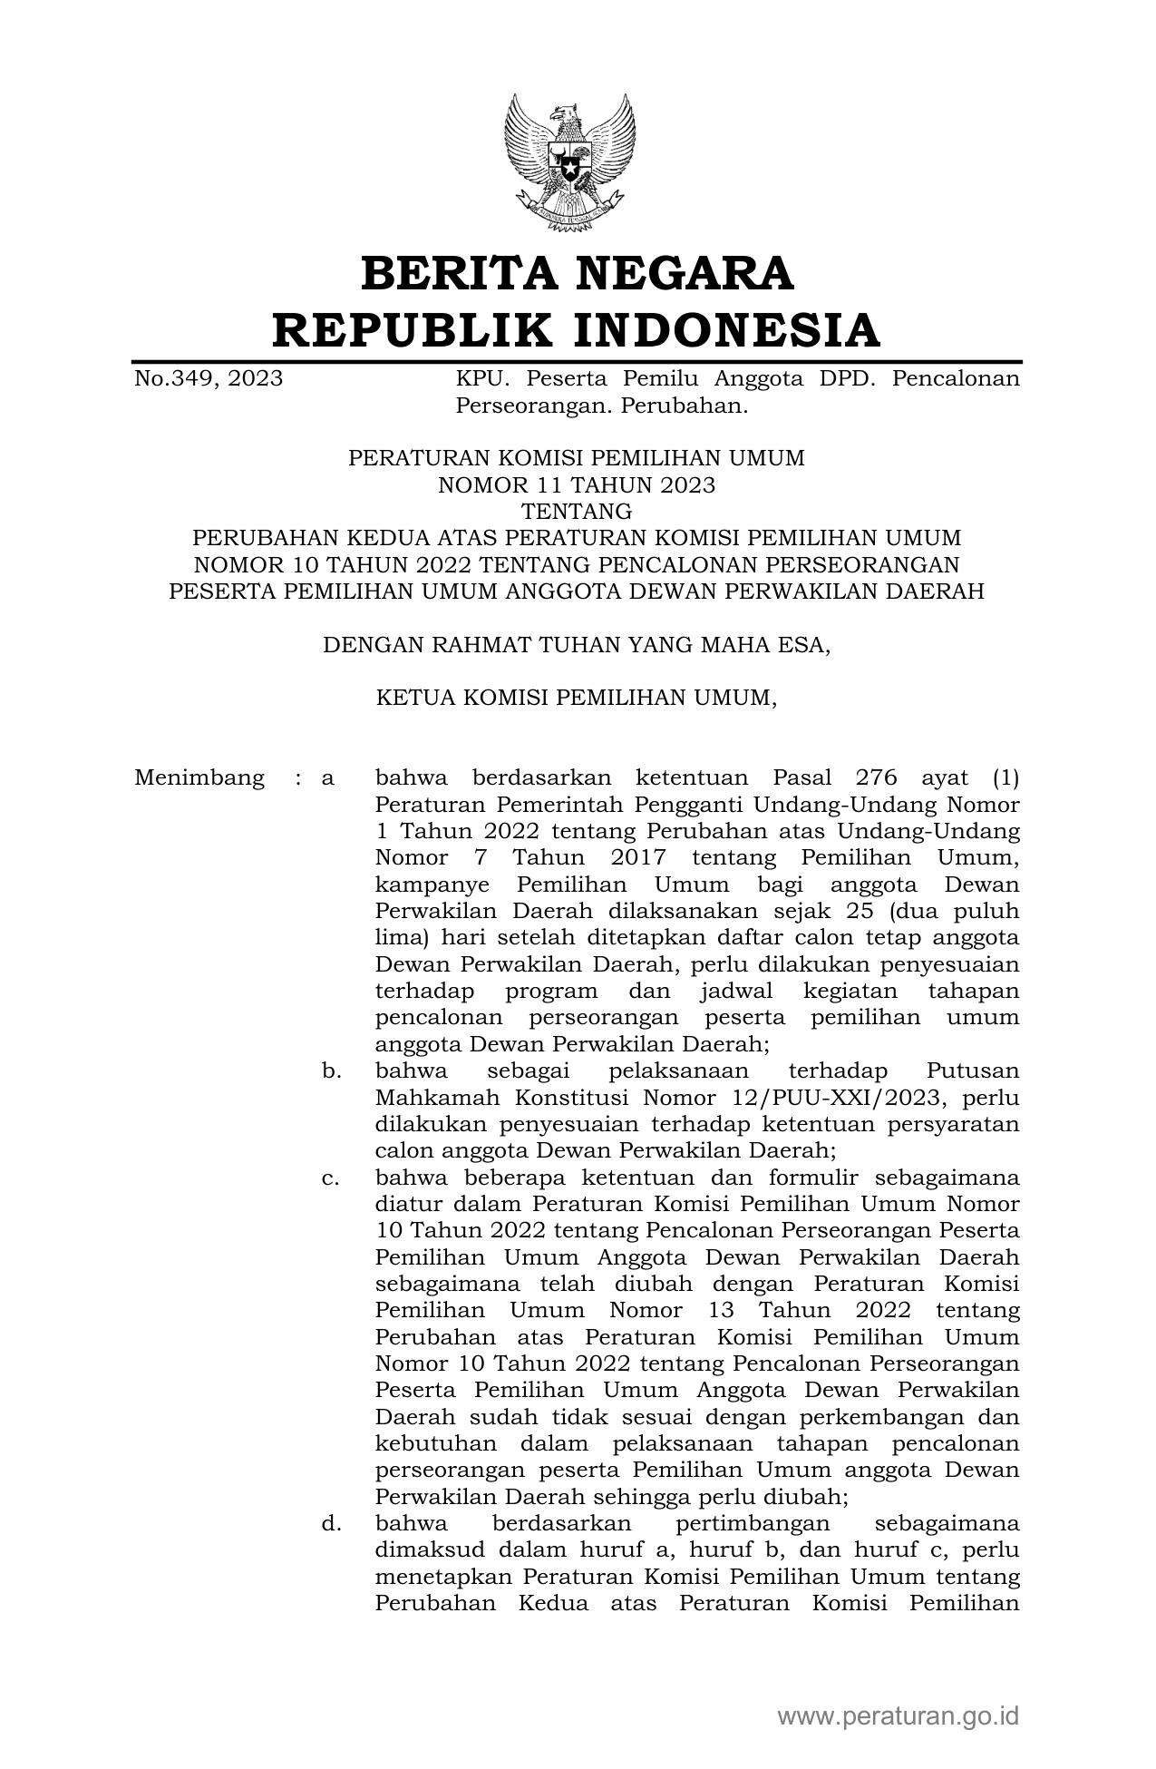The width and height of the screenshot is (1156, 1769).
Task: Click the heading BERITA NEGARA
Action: [x=578, y=273]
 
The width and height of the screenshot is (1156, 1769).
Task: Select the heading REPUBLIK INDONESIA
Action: [x=577, y=329]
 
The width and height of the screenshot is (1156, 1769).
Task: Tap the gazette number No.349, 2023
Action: [x=209, y=378]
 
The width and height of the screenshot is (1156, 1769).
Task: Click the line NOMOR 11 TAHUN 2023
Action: [x=577, y=485]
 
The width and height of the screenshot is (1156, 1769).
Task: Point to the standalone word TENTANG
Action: [x=577, y=512]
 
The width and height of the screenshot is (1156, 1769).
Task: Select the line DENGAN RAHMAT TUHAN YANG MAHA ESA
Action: [x=577, y=645]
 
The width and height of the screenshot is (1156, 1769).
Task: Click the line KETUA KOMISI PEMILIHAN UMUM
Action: [x=577, y=698]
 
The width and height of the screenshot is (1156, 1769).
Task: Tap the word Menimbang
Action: [x=199, y=778]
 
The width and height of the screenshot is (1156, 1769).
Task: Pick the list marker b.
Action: [x=331, y=1071]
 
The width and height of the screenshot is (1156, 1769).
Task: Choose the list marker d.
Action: [x=331, y=1523]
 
